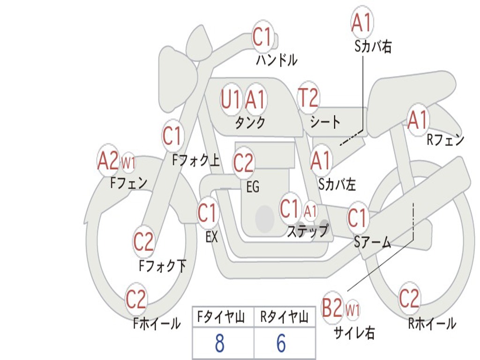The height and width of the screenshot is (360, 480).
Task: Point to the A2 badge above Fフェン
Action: [108, 161]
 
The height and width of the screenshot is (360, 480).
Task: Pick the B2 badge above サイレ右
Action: [333, 308]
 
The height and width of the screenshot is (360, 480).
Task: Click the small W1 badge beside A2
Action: [128, 164]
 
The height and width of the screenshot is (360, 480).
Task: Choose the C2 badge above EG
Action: [243, 163]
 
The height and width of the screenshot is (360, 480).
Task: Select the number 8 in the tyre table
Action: [219, 344]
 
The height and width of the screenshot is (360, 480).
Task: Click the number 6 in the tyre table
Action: [281, 344]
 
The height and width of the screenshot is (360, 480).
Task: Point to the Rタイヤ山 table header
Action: [284, 318]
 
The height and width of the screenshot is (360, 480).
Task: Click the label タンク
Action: [250, 123]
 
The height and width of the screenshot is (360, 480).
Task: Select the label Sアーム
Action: [372, 242]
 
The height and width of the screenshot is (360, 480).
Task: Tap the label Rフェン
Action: [445, 140]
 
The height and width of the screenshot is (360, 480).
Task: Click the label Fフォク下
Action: [163, 266]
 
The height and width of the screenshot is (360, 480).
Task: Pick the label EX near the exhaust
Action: [212, 237]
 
